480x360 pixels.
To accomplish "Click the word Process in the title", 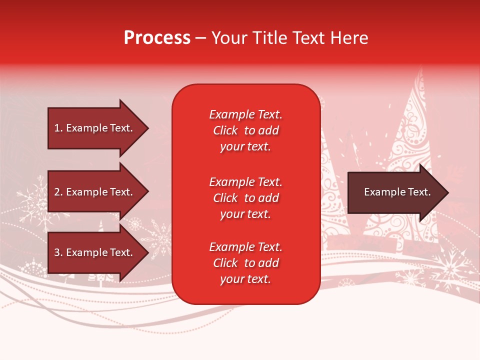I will coord(157,38).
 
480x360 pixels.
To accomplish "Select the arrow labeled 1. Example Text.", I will coord(95,128).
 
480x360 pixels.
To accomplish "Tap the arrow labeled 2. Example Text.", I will coord(95,192).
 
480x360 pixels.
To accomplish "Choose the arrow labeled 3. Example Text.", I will coord(95,252).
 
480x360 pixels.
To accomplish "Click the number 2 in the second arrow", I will coord(57,192).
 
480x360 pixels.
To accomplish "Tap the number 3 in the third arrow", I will coord(57,252).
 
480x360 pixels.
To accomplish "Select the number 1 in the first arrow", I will coord(56,128).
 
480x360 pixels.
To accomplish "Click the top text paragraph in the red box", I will coord(245,130).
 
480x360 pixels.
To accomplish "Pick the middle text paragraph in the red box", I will coord(245,198).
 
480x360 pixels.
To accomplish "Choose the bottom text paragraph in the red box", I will coord(245,263).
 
